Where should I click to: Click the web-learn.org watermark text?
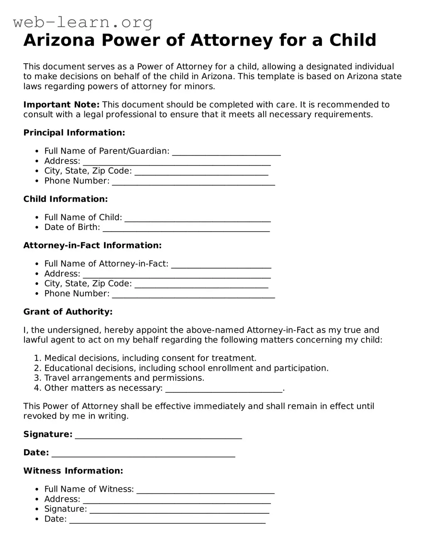(83, 22)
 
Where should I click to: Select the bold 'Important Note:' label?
(61, 105)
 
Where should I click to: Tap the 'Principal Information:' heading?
(74, 133)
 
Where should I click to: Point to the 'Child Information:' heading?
(65, 199)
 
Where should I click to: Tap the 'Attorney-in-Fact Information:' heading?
(92, 245)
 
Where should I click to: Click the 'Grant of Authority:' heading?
(68, 312)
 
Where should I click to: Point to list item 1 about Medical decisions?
(150, 358)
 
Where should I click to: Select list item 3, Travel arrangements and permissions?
(124, 378)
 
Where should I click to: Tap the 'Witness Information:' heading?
(73, 471)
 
